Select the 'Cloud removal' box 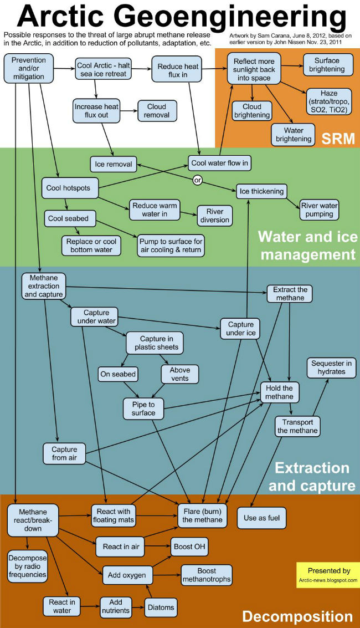[156, 111]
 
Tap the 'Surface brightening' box [327, 65]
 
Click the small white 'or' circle [197, 180]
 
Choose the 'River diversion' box [214, 216]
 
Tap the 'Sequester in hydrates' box [331, 367]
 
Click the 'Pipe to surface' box [143, 409]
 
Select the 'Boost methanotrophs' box [206, 575]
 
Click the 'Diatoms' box [161, 607]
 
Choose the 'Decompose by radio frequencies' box [27, 566]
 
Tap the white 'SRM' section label [337, 138]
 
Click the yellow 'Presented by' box [328, 575]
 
